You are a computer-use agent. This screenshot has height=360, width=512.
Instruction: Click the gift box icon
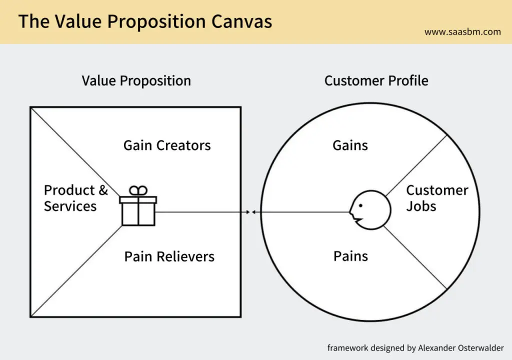pyautogui.click(x=138, y=205)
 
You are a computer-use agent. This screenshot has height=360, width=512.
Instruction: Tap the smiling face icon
pyautogui.click(x=370, y=210)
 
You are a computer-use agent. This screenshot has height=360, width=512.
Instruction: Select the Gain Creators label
pyautogui.click(x=167, y=145)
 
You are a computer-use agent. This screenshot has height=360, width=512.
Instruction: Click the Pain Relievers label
pyautogui.click(x=169, y=256)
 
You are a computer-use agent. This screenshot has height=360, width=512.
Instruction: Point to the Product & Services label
pyautogui.click(x=76, y=198)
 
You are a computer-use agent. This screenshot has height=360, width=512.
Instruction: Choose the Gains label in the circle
pyautogui.click(x=350, y=145)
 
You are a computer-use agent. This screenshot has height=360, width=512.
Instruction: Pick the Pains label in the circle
pyautogui.click(x=350, y=256)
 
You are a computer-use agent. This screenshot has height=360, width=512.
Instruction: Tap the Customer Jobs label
pyautogui.click(x=437, y=198)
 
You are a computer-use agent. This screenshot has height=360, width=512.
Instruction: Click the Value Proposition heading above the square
pyautogui.click(x=136, y=80)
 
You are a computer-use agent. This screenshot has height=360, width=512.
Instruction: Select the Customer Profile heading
pyautogui.click(x=376, y=80)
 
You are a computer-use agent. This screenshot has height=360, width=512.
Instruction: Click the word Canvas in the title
pyautogui.click(x=241, y=21)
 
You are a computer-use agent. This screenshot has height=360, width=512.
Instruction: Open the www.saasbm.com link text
pyautogui.click(x=462, y=31)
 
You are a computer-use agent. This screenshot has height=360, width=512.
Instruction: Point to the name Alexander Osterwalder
pyautogui.click(x=460, y=348)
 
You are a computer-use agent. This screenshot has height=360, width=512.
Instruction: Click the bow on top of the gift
pyautogui.click(x=138, y=190)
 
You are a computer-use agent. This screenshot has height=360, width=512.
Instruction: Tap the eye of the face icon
pyautogui.click(x=360, y=205)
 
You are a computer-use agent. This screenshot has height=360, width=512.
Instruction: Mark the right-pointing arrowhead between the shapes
pyautogui.click(x=248, y=212)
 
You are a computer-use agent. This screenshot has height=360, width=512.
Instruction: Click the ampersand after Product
pyautogui.click(x=103, y=190)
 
